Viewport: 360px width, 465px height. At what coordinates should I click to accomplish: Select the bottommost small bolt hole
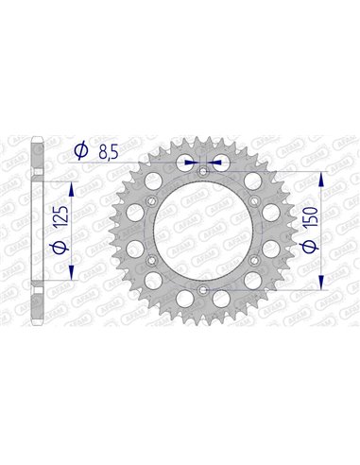coord(203,289)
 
